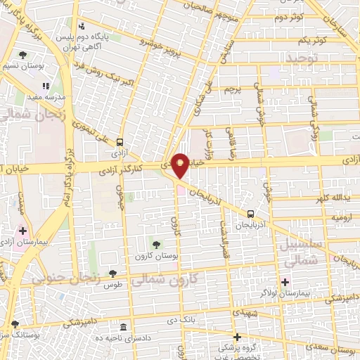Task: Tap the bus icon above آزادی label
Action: point(120,141)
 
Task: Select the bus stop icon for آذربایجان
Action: point(250,214)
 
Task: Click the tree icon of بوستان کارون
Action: point(155,243)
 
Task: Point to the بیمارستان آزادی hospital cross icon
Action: point(22,230)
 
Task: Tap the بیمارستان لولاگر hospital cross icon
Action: point(284,283)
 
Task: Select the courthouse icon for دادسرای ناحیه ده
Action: point(124,328)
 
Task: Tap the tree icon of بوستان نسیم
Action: point(22,54)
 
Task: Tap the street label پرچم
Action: point(232,91)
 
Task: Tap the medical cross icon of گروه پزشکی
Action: point(238,337)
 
